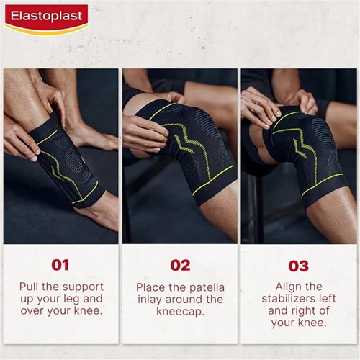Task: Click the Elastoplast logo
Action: pyautogui.click(x=45, y=19)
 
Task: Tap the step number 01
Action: pyautogui.click(x=60, y=266)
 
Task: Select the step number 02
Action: pyautogui.click(x=179, y=266)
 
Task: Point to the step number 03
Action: pyautogui.click(x=298, y=266)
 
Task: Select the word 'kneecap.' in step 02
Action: pyautogui.click(x=179, y=311)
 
